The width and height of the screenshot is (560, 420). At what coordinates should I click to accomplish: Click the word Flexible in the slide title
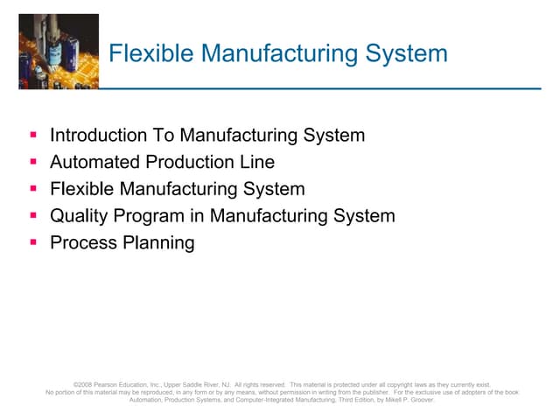[x=145, y=54]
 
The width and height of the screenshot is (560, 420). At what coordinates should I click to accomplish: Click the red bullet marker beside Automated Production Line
[x=32, y=162]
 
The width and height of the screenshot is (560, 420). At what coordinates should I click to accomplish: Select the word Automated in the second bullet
[x=92, y=163]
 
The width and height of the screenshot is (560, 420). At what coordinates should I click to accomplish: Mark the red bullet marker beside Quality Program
[x=32, y=215]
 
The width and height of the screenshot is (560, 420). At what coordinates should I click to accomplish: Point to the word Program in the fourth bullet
[x=151, y=216]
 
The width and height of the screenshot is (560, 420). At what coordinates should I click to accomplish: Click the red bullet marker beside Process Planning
[x=32, y=242]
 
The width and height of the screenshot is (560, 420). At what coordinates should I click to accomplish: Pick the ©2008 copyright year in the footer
[x=84, y=384]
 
